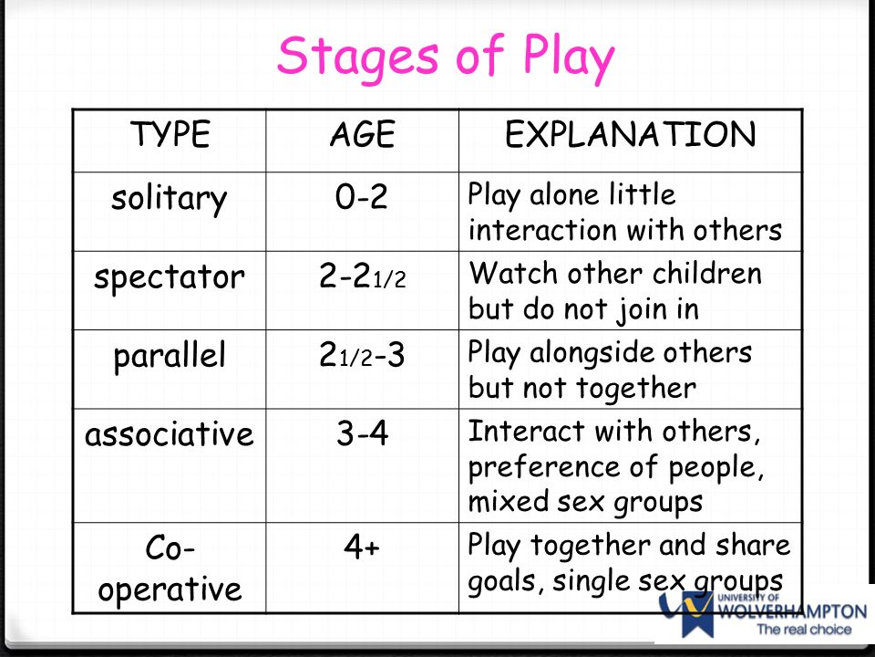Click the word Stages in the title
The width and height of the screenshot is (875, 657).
(357, 57)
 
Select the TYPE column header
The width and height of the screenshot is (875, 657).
(170, 135)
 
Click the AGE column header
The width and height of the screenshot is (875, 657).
(363, 135)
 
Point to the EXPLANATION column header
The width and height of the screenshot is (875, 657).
(631, 135)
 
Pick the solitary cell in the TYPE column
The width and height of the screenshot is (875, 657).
(170, 198)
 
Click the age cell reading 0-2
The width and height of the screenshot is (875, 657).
(362, 197)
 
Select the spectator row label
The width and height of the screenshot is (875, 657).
(170, 277)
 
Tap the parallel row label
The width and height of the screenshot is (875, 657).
(170, 357)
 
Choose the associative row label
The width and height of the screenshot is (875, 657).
(170, 434)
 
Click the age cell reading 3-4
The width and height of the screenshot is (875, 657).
(362, 433)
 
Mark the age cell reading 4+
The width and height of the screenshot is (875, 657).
(362, 547)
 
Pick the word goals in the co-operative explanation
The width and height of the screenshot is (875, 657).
(506, 582)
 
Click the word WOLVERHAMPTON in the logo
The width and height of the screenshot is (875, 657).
(792, 611)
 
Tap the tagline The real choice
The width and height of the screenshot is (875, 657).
(804, 629)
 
